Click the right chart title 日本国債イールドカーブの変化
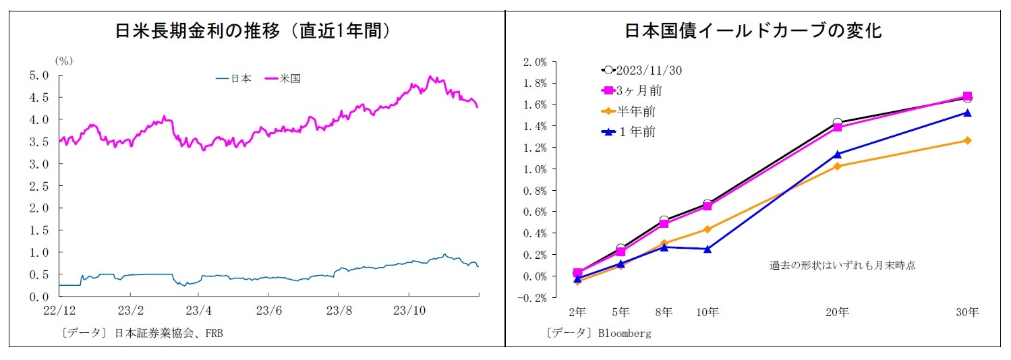pyautogui.click(x=753, y=32)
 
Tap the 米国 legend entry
pyautogui.click(x=291, y=78)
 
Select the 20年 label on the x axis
pyautogui.click(x=837, y=312)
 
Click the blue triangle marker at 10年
pyautogui.click(x=707, y=249)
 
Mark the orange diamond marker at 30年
pyautogui.click(x=967, y=141)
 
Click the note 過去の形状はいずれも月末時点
pyautogui.click(x=842, y=265)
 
